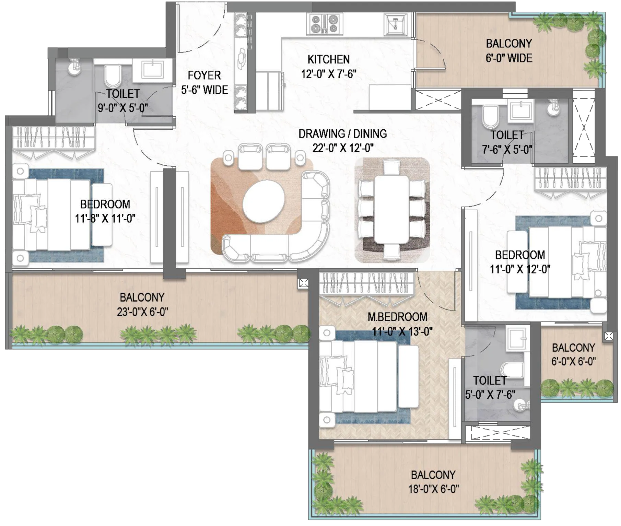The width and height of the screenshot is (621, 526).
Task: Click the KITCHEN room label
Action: point(328,59)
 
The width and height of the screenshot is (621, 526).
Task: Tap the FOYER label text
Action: point(204,75)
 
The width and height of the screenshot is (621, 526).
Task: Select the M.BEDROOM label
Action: point(397,317)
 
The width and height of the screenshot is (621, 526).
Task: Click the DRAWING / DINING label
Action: point(342,133)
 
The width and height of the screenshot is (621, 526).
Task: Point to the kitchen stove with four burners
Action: point(324,24)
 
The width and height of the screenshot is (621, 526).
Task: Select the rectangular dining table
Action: point(391,209)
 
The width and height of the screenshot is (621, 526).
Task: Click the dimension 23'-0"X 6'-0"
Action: point(142,312)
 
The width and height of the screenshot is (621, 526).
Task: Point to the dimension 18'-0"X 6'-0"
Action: point(433,489)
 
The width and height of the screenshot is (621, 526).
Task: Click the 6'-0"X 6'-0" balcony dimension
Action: point(573,361)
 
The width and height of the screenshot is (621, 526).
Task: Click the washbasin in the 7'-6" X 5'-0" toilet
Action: point(520,111)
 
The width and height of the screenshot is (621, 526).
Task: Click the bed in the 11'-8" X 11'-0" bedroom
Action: point(58,214)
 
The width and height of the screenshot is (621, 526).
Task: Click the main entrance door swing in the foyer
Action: point(201,27)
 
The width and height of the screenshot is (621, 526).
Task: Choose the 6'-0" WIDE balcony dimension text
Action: point(509,58)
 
